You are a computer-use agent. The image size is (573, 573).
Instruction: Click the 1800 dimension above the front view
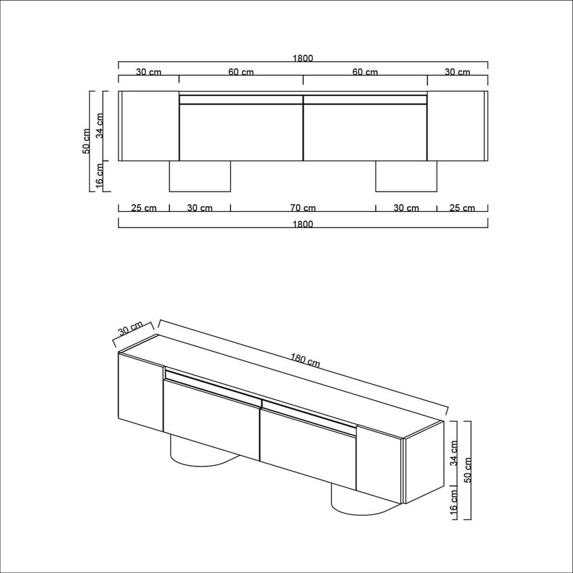(x=303, y=58)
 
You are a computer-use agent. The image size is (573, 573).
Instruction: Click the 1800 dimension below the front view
(x=303, y=224)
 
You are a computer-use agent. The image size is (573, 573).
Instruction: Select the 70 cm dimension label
(x=303, y=208)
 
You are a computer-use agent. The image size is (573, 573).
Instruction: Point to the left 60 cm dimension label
(x=241, y=72)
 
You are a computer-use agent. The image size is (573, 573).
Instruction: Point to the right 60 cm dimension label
(x=365, y=72)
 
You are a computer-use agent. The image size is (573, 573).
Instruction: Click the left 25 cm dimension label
(x=144, y=208)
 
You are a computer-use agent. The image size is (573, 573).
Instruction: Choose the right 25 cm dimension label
(x=462, y=208)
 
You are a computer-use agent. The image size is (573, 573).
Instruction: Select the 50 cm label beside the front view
(x=86, y=141)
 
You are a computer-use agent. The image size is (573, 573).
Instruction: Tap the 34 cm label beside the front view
(x=100, y=126)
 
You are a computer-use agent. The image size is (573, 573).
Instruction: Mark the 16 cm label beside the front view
(x=100, y=176)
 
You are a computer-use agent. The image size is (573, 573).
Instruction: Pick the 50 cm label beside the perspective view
(x=468, y=470)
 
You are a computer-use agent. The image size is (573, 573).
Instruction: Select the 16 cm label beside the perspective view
(x=454, y=502)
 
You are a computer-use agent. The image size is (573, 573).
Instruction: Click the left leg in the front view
(x=200, y=176)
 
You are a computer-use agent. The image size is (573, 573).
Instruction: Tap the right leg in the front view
(x=406, y=176)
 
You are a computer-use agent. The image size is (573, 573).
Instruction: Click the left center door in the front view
(x=241, y=132)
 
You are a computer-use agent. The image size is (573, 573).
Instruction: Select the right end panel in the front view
(x=456, y=126)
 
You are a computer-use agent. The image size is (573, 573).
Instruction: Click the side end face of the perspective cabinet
(x=424, y=462)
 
